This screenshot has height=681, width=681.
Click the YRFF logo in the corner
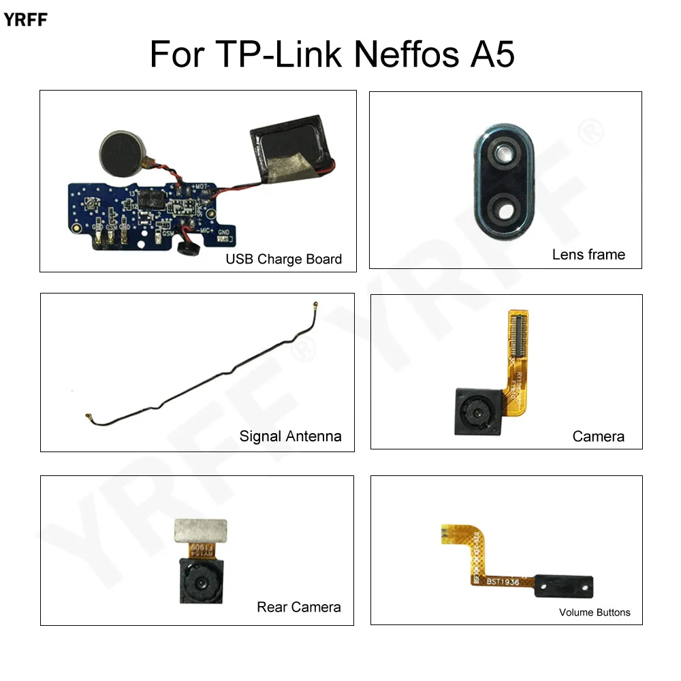tap(25, 20)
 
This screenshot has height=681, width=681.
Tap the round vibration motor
tap(120, 150)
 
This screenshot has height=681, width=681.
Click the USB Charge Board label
tap(283, 259)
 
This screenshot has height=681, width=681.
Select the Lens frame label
tap(588, 255)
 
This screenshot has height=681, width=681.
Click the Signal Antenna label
tap(290, 436)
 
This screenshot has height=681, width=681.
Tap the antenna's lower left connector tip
tap(88, 415)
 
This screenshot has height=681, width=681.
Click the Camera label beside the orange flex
tap(598, 437)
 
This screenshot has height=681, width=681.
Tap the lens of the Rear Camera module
tap(200, 584)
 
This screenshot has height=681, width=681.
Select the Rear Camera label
tap(298, 607)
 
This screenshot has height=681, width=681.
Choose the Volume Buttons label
tap(595, 612)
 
